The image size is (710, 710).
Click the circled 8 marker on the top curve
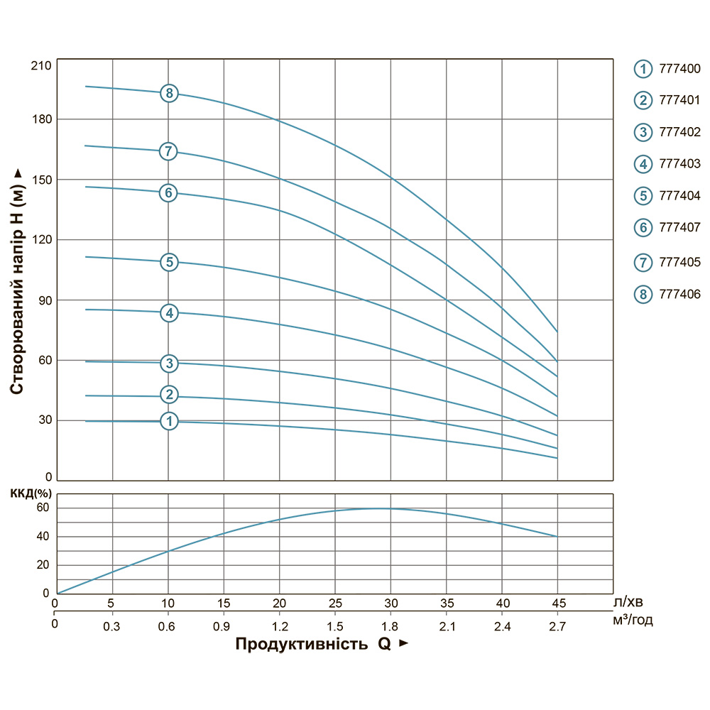pyautogui.click(x=168, y=93)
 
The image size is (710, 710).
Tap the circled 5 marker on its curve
pyautogui.click(x=168, y=262)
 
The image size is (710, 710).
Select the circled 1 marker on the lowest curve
pyautogui.click(x=169, y=421)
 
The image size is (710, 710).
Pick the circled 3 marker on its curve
pyautogui.click(x=168, y=364)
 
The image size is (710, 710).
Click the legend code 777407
pyautogui.click(x=680, y=227)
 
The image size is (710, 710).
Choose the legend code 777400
pyautogui.click(x=680, y=69)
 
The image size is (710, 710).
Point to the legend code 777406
pyautogui.click(x=680, y=293)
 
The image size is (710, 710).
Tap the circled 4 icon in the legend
pyautogui.click(x=643, y=164)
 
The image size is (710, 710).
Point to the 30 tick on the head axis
pyautogui.click(x=43, y=420)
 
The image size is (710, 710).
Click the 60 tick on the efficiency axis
pyautogui.click(x=43, y=508)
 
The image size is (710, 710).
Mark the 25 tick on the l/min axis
pyautogui.click(x=335, y=603)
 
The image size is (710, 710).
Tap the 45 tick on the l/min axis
pyautogui.click(x=557, y=603)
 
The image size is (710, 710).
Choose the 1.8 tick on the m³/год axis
pyautogui.click(x=390, y=626)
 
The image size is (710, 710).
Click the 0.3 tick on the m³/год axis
pyautogui.click(x=112, y=626)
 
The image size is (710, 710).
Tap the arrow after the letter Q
pyautogui.click(x=404, y=644)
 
